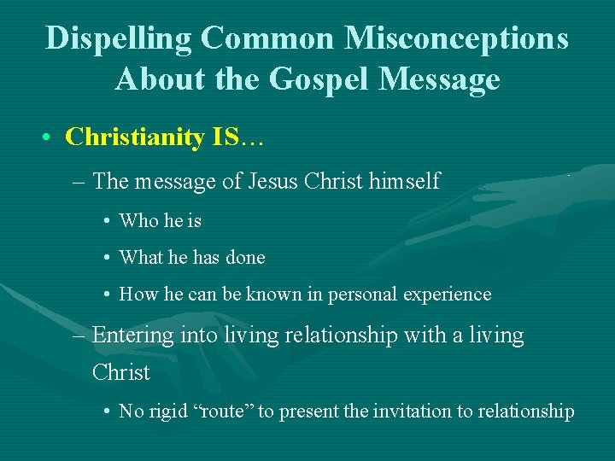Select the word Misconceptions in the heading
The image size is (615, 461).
(x=457, y=38)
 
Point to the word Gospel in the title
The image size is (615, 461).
(x=323, y=79)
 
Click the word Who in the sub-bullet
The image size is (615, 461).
(x=138, y=221)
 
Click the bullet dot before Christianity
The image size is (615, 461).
(x=52, y=137)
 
